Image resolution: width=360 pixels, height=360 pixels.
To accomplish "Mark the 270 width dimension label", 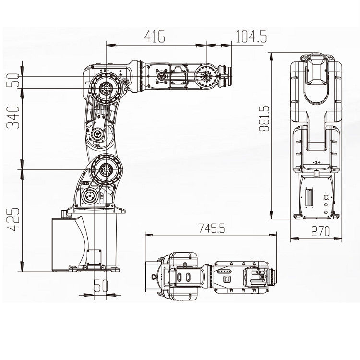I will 320,231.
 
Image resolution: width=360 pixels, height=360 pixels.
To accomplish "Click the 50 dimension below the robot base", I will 100,286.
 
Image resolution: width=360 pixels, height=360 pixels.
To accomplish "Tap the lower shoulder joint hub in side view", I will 104,169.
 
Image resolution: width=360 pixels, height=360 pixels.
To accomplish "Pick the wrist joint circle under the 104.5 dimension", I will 205,76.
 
